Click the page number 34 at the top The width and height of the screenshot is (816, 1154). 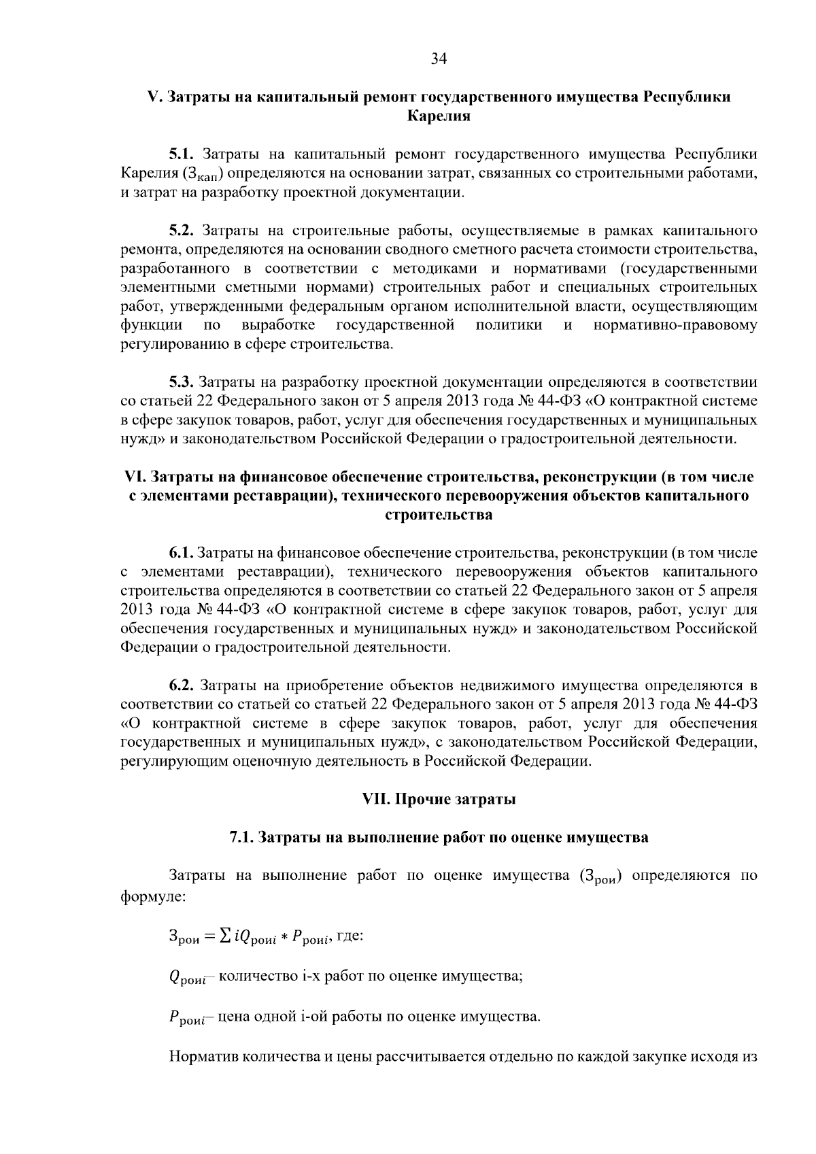(x=439, y=59)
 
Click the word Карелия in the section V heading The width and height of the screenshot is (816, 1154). (x=439, y=116)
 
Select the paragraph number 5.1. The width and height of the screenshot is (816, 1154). (x=182, y=154)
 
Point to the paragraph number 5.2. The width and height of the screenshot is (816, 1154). (x=182, y=230)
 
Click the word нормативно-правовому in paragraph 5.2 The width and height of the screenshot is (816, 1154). (x=675, y=325)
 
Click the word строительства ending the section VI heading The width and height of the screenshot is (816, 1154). (x=439, y=515)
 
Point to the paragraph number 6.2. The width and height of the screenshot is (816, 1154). (x=182, y=685)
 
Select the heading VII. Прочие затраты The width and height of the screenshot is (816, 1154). (x=439, y=799)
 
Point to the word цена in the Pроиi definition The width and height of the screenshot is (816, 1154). (x=235, y=1017)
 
